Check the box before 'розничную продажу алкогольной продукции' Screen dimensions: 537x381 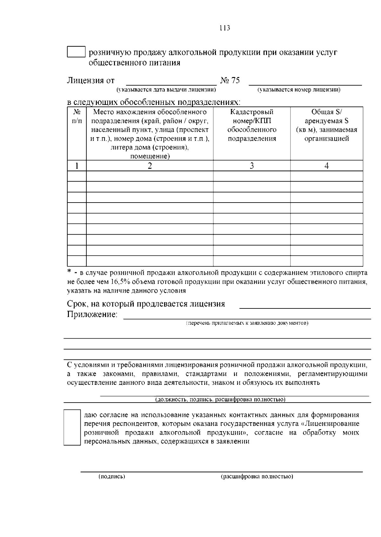76,52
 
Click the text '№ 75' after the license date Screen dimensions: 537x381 230,81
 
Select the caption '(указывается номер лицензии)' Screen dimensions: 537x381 299,90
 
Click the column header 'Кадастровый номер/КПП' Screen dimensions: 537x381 252,116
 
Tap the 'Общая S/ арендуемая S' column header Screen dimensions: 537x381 326,116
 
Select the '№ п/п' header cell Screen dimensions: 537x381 77,116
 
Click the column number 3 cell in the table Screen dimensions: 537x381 252,165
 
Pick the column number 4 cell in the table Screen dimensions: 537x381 326,165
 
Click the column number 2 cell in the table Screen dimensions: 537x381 150,165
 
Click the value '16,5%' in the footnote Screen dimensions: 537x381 119,281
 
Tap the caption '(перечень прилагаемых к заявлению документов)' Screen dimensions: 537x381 247,323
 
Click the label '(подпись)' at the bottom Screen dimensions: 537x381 112,476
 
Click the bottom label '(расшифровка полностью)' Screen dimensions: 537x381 257,476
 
